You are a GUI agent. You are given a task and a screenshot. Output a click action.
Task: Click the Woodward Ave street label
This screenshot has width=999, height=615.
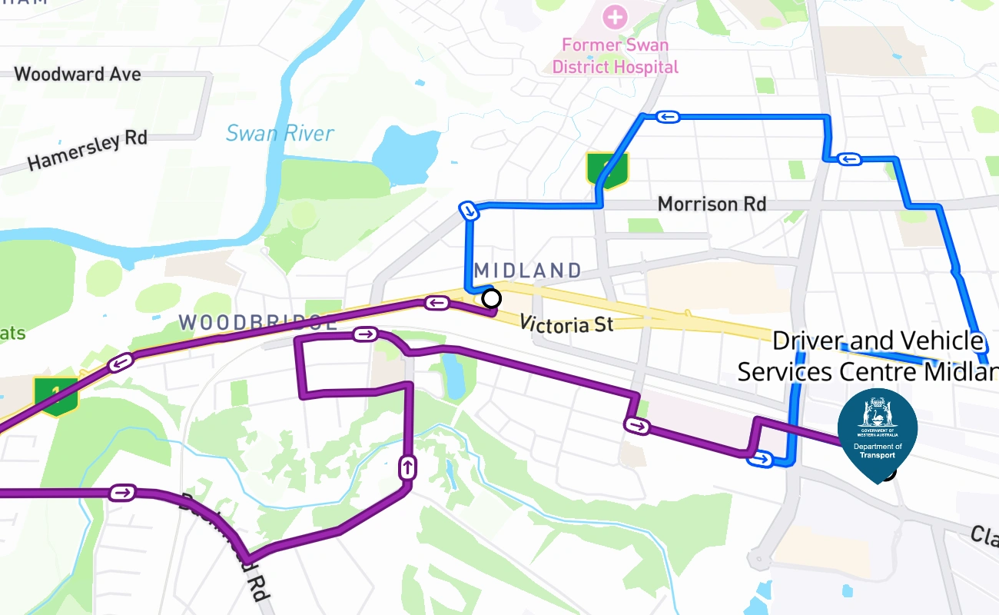tap(78, 75)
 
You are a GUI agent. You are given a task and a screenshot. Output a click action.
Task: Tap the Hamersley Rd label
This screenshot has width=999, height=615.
tap(87, 151)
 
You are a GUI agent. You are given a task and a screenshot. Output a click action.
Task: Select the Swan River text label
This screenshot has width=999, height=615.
tap(280, 133)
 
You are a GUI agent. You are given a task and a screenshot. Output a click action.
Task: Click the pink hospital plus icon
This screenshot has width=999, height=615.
tap(614, 15)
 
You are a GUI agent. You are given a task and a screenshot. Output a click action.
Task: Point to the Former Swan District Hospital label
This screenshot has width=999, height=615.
tap(615, 56)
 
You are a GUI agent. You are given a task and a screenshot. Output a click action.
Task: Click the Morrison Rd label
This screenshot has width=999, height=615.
tap(712, 204)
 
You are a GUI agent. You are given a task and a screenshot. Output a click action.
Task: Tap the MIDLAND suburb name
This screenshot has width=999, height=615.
tap(528, 270)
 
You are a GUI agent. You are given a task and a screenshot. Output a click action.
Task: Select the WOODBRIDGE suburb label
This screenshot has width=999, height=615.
tap(258, 322)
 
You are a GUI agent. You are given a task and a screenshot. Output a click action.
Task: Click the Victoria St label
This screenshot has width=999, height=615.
tap(566, 324)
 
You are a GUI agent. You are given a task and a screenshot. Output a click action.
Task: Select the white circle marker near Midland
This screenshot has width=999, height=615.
tap(491, 298)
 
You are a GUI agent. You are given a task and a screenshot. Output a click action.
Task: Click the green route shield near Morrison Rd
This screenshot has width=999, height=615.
tap(607, 170)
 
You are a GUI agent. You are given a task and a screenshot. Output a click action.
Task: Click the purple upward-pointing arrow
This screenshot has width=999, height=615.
tap(407, 467)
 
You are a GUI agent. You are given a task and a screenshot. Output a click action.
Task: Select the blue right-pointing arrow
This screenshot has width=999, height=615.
tap(760, 459)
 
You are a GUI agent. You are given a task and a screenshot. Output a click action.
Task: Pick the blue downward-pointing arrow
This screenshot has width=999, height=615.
tap(468, 211)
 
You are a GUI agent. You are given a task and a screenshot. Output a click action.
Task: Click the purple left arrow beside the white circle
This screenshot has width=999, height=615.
tap(437, 303)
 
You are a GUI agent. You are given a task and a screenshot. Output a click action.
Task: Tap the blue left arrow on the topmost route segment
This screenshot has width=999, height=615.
tap(667, 117)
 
